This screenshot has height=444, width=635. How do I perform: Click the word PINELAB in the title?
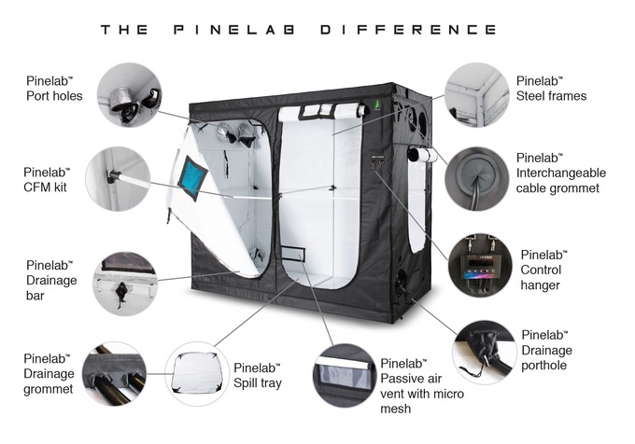tap(234, 30)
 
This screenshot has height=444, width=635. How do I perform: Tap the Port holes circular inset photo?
tap(129, 94)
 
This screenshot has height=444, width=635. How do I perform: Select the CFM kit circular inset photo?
tap(118, 178)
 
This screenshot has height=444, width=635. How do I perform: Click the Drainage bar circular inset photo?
tap(124, 284)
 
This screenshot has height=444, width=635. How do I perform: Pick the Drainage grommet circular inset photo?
tap(115, 374)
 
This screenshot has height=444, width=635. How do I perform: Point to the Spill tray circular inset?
tap(197, 374)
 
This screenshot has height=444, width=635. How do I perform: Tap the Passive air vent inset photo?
tap(345, 375)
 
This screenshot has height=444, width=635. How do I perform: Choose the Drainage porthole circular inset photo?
tap(485, 353)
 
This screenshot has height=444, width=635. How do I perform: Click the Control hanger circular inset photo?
tap(480, 265)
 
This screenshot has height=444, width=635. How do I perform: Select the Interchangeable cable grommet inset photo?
tap(476, 178)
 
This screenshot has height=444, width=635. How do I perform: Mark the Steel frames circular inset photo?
tap(476, 94)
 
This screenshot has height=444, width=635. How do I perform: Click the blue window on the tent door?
tap(192, 178)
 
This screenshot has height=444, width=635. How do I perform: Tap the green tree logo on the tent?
tap(377, 105)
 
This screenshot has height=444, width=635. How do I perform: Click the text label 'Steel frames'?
tap(551, 96)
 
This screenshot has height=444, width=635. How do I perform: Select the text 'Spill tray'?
tap(258, 383)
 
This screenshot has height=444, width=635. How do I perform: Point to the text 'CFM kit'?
tap(45, 187)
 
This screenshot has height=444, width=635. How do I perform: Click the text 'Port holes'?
tap(54, 96)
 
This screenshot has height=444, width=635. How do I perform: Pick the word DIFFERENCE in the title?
tap(408, 30)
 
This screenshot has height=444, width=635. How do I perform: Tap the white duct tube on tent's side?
tap(422, 155)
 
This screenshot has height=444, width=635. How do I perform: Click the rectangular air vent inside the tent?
tap(293, 253)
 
